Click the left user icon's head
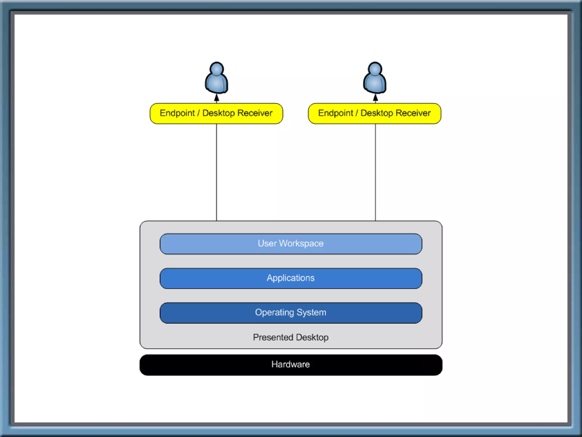(217, 69)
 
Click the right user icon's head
(375, 69)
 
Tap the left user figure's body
(217, 84)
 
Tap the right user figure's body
(375, 84)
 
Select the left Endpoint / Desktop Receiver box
(216, 114)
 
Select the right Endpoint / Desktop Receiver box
(375, 114)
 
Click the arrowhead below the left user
(217, 98)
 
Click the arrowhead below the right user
(375, 98)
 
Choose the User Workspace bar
(291, 244)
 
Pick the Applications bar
(291, 278)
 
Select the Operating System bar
(291, 313)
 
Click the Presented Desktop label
(291, 337)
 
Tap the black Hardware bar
(291, 365)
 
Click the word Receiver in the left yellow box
(255, 113)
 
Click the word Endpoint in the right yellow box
(336, 113)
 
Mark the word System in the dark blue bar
(311, 313)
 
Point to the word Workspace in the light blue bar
(301, 244)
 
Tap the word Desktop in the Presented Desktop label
(312, 337)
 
